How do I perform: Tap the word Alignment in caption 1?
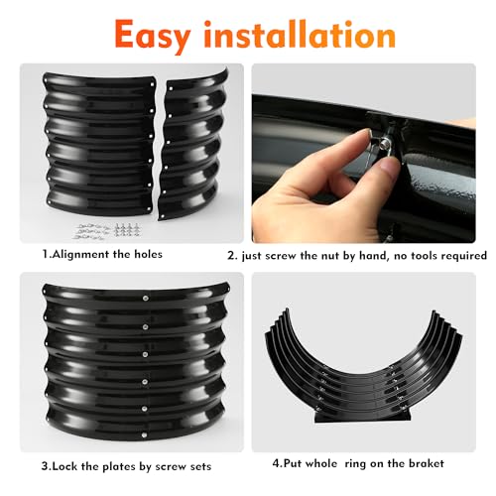tap(81, 254)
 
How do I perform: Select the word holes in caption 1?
tap(148, 254)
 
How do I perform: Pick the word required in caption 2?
tap(464, 256)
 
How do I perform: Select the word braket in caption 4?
tap(427, 463)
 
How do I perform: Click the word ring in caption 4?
tap(356, 464)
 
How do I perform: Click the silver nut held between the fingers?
tap(385, 143)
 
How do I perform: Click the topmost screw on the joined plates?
tap(146, 299)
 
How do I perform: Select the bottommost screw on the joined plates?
tap(145, 434)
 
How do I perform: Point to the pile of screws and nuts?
tap(105, 230)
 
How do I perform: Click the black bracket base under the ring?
tap(363, 417)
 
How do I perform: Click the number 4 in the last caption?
tap(276, 463)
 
